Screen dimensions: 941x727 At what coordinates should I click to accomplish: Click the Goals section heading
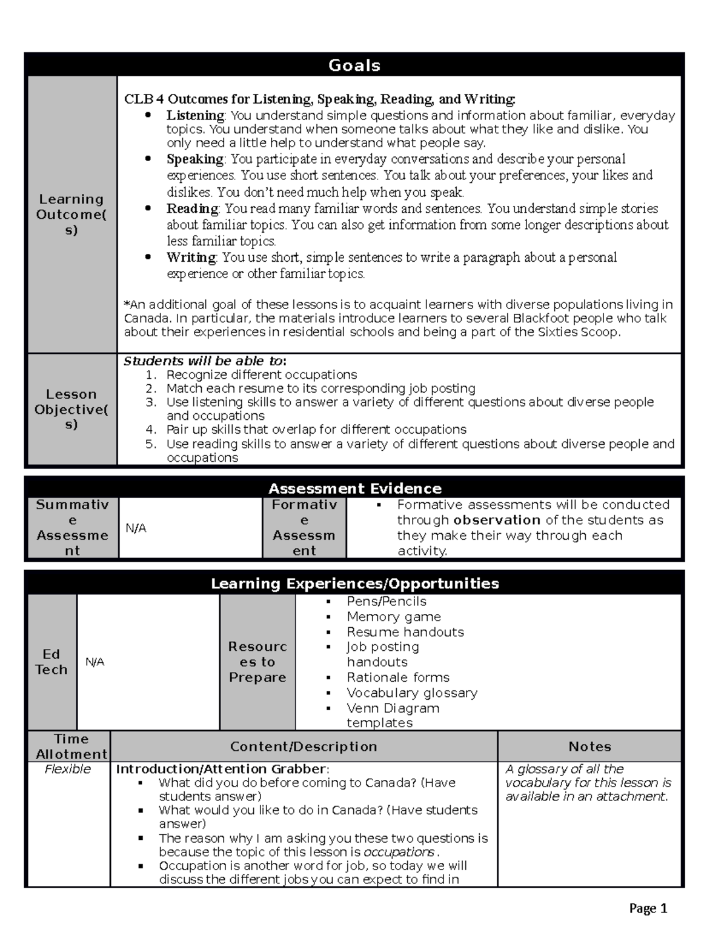pos(354,65)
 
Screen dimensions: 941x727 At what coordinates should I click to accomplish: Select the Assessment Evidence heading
pos(354,488)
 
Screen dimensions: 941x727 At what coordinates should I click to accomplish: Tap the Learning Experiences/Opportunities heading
pos(354,584)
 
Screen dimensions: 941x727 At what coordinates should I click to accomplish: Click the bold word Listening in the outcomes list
pos(195,115)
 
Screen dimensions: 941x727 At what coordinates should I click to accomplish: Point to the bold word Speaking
pos(195,159)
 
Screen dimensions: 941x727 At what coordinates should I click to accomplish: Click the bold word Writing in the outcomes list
pos(191,258)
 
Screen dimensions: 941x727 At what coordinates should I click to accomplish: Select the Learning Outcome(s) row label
pos(71,214)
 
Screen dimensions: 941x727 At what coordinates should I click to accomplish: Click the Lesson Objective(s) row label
pos(71,409)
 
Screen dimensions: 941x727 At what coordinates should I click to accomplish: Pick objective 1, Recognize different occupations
pos(261,374)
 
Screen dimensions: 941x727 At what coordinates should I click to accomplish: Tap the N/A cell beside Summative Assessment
pos(136,528)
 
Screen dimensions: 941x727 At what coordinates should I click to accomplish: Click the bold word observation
pos(497,520)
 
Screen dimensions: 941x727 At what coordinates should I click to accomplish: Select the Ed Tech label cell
pos(51,662)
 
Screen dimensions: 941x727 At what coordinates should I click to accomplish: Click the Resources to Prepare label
pos(257,662)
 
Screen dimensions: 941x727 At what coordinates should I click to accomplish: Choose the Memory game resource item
pos(394,617)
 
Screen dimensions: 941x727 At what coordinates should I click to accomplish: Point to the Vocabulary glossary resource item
pos(412,693)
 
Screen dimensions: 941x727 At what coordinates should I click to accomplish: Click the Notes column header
pos(589,746)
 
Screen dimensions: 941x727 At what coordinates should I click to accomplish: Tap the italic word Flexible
pos(68,769)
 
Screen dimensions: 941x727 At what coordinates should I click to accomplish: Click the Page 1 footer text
pos(648,908)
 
